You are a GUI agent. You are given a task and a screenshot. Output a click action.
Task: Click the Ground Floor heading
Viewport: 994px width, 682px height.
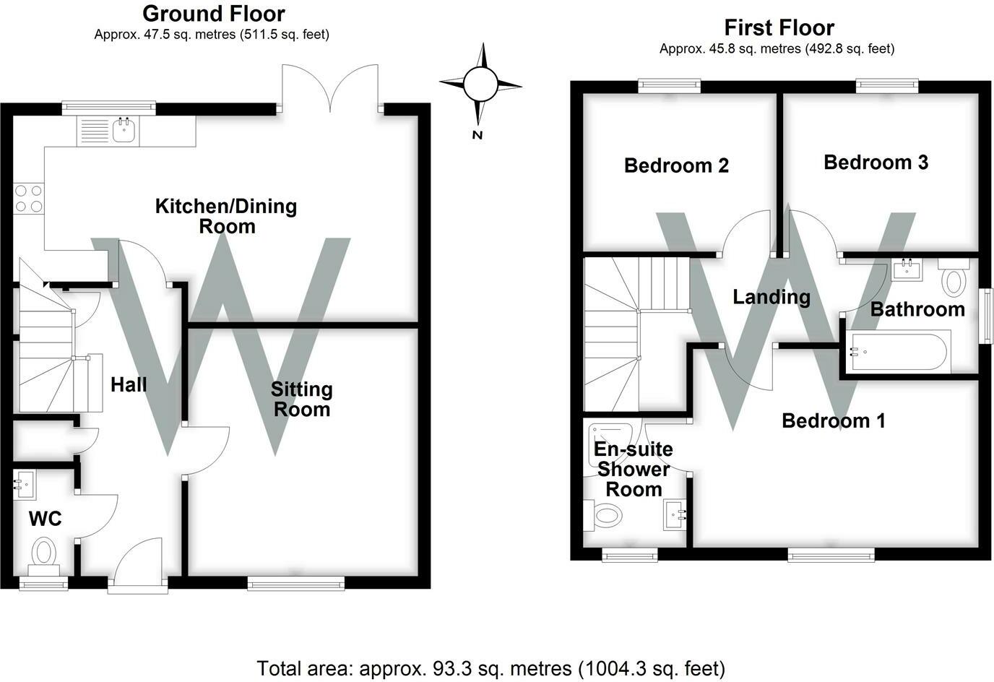(x=213, y=14)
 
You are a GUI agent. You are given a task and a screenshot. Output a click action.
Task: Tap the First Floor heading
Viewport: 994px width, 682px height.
(x=779, y=27)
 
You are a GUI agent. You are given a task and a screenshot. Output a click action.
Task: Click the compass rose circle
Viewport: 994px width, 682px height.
(x=480, y=84)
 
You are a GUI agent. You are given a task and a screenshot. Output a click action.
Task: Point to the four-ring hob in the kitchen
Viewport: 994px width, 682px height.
(x=29, y=199)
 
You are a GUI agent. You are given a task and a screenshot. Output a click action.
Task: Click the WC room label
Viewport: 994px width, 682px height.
(x=46, y=519)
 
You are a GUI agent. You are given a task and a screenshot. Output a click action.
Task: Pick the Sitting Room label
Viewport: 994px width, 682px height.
(x=302, y=400)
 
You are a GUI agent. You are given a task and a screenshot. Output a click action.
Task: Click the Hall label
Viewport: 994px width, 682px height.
(x=129, y=384)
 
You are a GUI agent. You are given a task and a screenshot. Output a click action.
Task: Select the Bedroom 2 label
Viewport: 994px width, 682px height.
(x=676, y=165)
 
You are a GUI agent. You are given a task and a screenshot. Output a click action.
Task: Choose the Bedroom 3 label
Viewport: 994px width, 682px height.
(x=876, y=163)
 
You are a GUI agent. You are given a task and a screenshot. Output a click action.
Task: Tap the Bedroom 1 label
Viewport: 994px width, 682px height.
(x=834, y=420)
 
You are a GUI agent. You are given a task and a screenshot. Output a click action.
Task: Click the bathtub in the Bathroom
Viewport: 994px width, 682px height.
(x=899, y=351)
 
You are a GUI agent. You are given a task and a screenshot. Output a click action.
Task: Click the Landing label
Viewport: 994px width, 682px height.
(x=772, y=297)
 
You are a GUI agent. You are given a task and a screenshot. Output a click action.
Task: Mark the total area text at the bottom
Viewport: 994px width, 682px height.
(x=490, y=668)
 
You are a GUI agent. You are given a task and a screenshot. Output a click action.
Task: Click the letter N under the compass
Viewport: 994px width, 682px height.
(x=477, y=135)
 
